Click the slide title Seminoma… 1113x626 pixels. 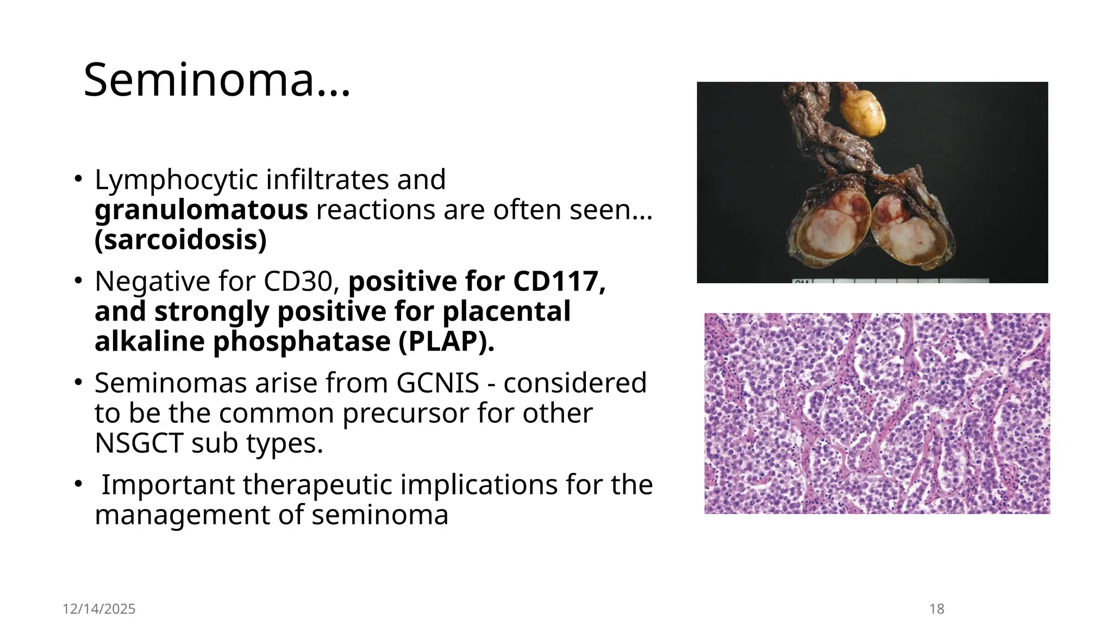[217, 80]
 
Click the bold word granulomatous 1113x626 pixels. [201, 210]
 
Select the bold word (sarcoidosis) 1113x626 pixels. [180, 240]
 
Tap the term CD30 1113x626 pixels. [298, 281]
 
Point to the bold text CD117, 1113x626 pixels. [559, 281]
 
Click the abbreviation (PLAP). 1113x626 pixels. [446, 342]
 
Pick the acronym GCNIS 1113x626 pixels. [437, 383]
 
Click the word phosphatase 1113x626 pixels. [301, 342]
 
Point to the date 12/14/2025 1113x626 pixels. [99, 609]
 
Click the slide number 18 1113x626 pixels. [936, 609]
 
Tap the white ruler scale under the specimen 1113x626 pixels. [891, 281]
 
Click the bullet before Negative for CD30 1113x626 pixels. [78, 281]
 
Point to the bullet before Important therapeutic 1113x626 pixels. [78, 484]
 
